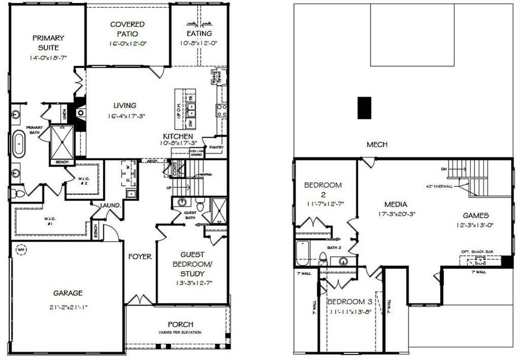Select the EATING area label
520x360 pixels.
pos(199,34)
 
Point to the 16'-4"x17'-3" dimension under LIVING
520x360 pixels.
pos(128,116)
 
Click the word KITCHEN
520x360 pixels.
pos(178,136)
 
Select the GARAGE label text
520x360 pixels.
pos(67,293)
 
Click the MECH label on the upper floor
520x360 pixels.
pos(377,145)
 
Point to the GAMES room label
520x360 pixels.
pos(477,215)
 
